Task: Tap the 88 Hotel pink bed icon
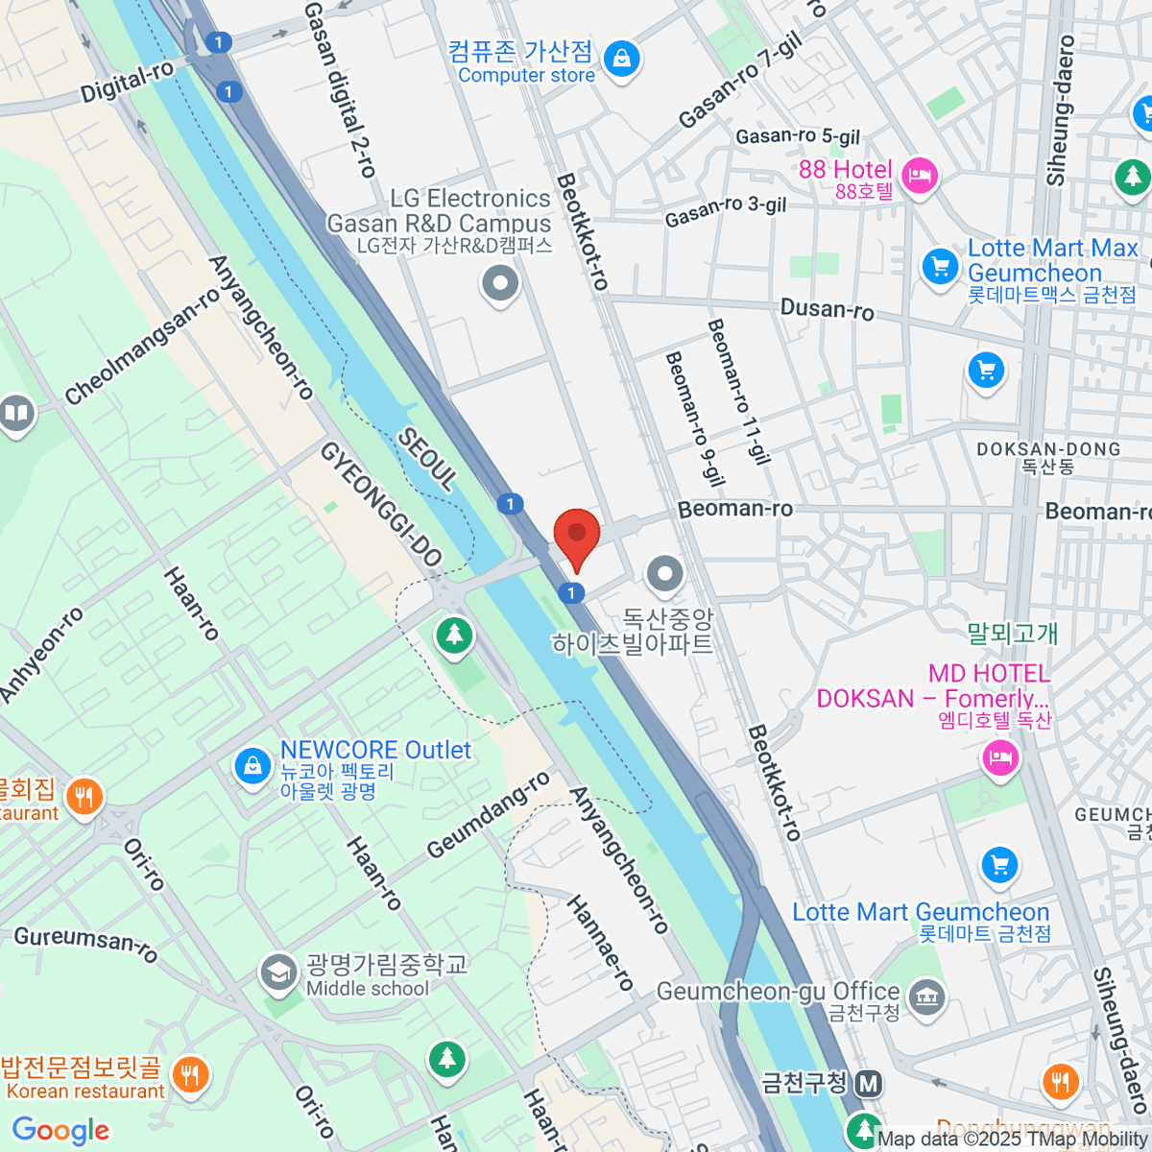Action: click(x=921, y=175)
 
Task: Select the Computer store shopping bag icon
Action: click(x=622, y=59)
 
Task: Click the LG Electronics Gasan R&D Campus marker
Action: click(x=500, y=284)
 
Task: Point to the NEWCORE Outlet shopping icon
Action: click(x=252, y=766)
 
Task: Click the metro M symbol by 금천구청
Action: click(x=869, y=1084)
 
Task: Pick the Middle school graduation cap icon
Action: click(x=278, y=972)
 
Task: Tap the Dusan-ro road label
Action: click(x=827, y=309)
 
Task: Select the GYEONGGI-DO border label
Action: click(x=380, y=503)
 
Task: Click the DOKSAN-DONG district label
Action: click(x=1047, y=449)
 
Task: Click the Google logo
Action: click(x=60, y=1130)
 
